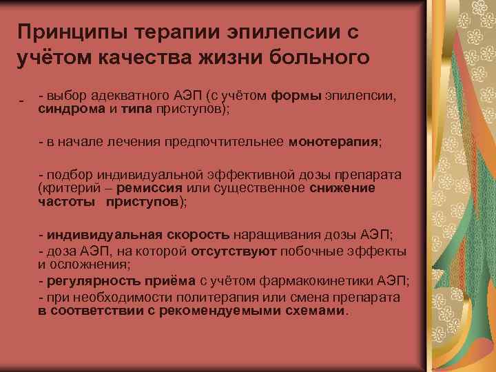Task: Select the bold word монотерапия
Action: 333,142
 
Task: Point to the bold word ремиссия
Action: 148,188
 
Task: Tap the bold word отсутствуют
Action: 234,251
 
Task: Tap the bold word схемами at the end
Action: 320,310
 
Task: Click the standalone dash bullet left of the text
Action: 22,101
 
